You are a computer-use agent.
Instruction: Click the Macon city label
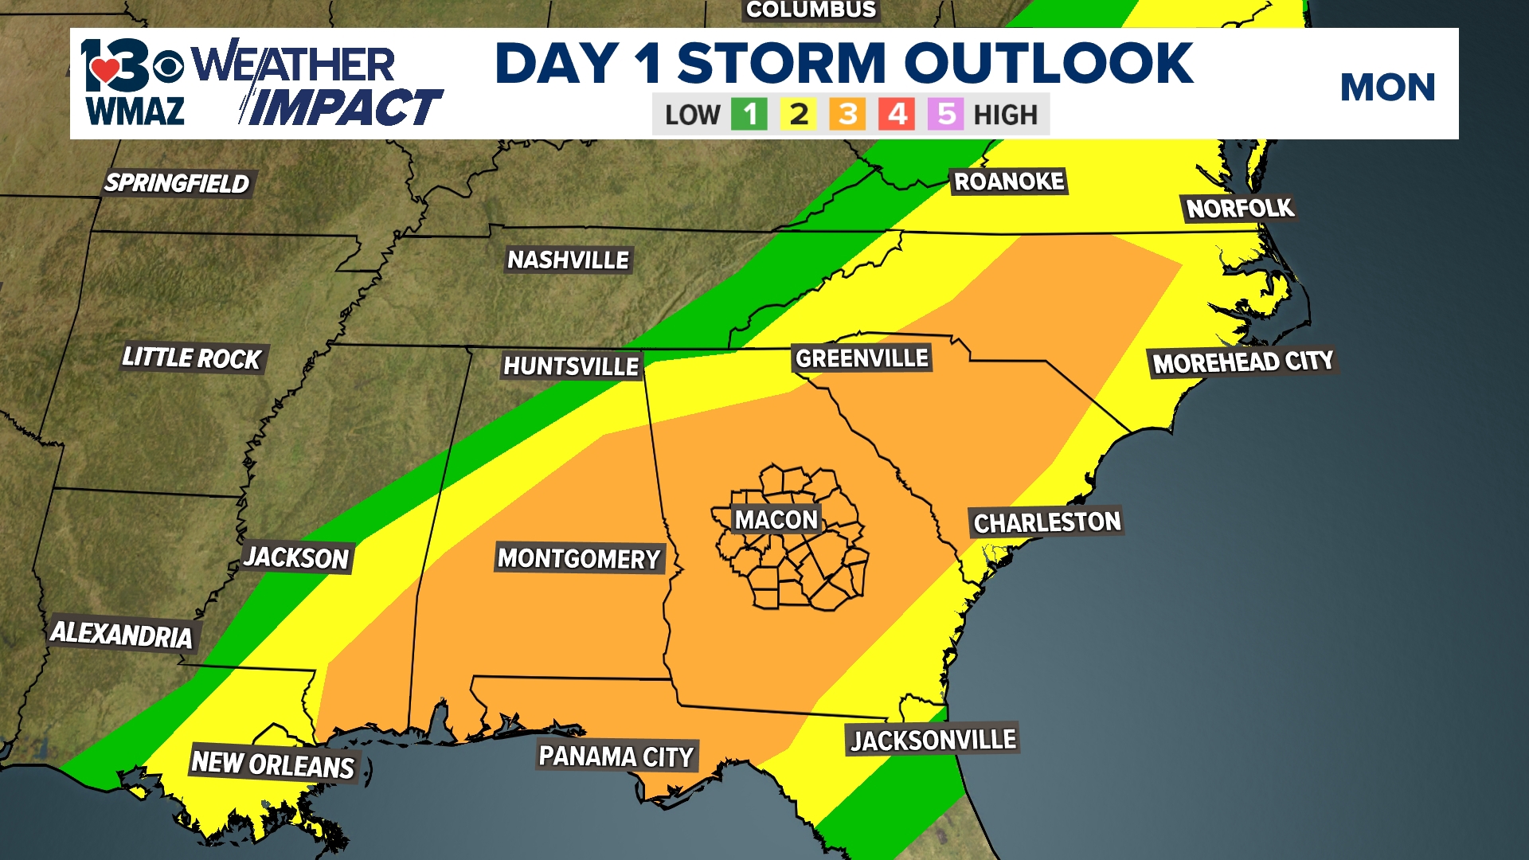coord(776,520)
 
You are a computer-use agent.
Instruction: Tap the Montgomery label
coord(579,558)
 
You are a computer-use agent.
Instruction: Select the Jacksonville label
coord(933,740)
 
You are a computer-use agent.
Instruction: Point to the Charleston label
coord(1047,522)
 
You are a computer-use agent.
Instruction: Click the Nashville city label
coord(569,260)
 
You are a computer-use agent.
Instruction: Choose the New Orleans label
coord(273,764)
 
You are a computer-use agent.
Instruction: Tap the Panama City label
coord(616,756)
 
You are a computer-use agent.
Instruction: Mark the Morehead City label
coord(1243,362)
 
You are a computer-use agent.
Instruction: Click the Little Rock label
coord(192,358)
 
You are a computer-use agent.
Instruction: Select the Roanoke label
coord(1009,182)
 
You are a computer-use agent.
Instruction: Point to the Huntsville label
coord(571,365)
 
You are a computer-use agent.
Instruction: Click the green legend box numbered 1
coord(749,115)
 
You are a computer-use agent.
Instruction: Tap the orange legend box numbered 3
coord(847,115)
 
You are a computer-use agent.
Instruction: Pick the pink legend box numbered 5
coord(945,115)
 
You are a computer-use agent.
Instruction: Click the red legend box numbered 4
coord(897,115)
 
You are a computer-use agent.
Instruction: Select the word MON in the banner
coord(1387,87)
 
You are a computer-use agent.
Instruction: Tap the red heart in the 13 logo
coord(104,71)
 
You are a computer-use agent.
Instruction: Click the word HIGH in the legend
coord(1005,115)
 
